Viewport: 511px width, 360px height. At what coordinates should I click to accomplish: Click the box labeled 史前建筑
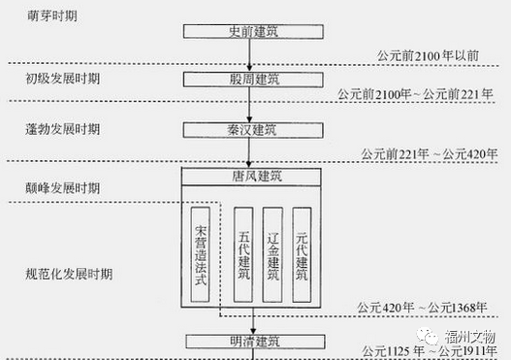[x=248, y=33]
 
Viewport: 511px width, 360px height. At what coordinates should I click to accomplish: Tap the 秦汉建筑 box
[x=248, y=129]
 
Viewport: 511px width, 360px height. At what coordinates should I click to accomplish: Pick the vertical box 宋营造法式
[x=202, y=255]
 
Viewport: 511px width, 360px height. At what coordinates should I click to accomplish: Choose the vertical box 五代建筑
[x=243, y=255]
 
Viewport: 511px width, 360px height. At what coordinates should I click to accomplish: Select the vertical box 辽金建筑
[x=272, y=255]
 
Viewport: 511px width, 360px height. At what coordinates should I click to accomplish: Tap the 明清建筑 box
[x=249, y=342]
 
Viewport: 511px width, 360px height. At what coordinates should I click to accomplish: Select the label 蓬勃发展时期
[x=60, y=129]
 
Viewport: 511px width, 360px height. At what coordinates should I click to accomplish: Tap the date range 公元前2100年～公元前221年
[x=415, y=94]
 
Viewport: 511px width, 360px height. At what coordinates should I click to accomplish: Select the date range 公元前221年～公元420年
[x=428, y=153]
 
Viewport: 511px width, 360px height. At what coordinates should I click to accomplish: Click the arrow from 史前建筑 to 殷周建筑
[x=248, y=55]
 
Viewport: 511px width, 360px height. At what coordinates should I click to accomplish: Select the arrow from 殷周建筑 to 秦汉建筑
[x=248, y=105]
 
